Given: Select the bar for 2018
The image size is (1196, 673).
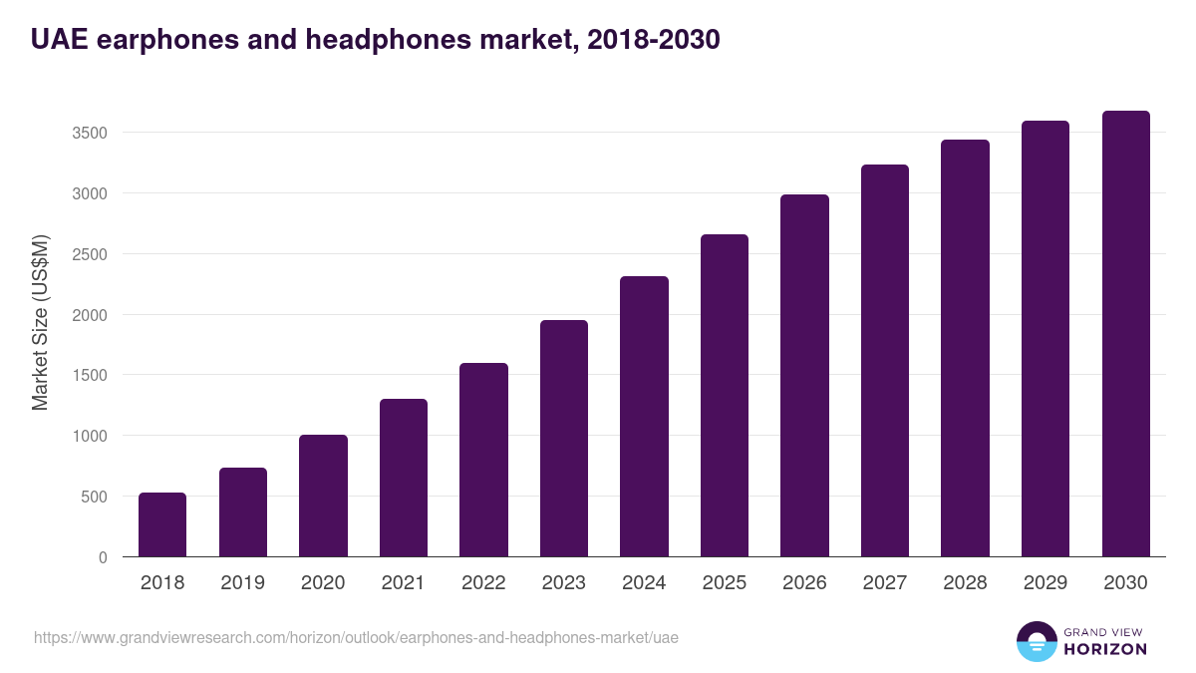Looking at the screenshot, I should (162, 524).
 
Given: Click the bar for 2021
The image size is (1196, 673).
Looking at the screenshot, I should (404, 478).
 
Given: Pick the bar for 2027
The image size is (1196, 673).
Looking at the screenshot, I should (885, 360).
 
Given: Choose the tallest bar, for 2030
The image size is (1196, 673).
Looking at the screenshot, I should (1125, 333).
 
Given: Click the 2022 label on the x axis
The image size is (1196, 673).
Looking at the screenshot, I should (483, 583).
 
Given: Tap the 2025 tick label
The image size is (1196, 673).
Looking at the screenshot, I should (725, 583).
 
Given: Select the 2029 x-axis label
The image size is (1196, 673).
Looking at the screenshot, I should (1046, 583).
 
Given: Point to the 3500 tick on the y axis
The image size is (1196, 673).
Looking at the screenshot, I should (89, 133).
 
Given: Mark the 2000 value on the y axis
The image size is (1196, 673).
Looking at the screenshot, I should (89, 315).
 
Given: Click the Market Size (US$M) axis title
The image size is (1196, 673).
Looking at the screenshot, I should (40, 322).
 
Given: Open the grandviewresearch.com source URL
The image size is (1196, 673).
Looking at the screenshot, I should (356, 637).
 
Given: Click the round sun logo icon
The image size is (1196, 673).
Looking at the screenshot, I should (1036, 641).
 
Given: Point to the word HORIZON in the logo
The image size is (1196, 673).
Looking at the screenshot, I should (1105, 649).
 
